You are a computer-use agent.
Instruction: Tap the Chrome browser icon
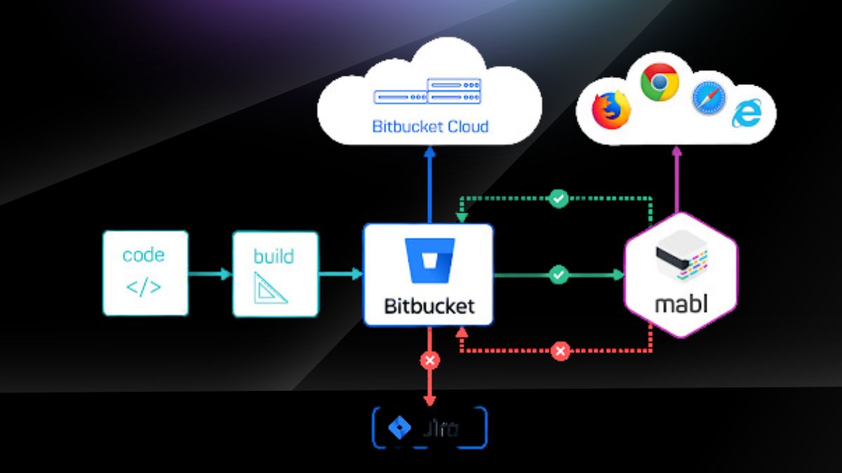pos(660,82)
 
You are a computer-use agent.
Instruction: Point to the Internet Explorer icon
pos(747,114)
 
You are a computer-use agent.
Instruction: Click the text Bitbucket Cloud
pos(430,127)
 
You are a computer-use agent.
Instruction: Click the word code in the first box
pos(145,255)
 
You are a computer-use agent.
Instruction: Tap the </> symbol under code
pos(144,287)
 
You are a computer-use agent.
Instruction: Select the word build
pos(274,255)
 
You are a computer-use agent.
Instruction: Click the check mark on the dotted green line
pos(558,199)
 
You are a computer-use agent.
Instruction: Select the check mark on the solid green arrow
pos(559,274)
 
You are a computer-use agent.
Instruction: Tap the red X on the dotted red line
pos(559,351)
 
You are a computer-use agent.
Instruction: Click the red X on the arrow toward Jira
pos(429,361)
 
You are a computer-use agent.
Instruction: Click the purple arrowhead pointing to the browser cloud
pos(676,151)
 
